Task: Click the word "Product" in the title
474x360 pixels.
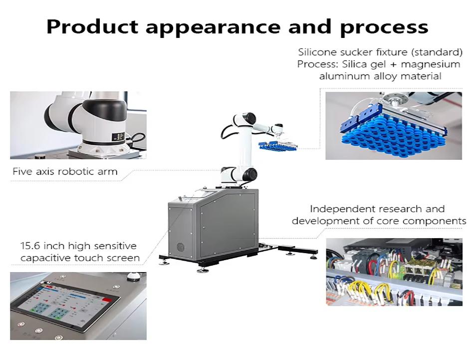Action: point(92,26)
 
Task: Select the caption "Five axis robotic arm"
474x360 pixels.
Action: point(65,172)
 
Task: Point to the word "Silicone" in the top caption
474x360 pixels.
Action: point(317,52)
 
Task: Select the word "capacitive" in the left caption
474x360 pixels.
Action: point(45,258)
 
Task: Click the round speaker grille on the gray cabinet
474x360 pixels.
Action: point(181,246)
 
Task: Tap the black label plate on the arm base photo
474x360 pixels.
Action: point(118,137)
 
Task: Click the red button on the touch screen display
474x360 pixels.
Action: point(106,300)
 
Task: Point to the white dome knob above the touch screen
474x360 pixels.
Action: point(133,276)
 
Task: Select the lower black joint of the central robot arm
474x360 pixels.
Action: point(250,175)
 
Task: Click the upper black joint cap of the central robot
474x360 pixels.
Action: point(249,118)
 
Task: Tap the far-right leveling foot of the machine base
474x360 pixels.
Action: point(313,257)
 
